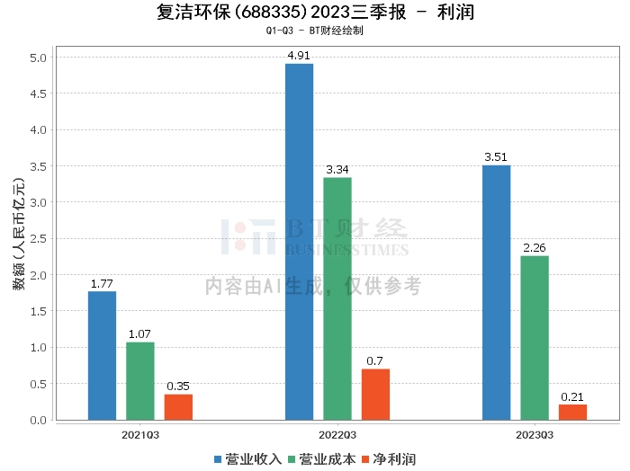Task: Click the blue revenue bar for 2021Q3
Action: pyautogui.click(x=102, y=355)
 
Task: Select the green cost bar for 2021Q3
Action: pyautogui.click(x=139, y=380)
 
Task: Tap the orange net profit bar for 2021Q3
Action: pyautogui.click(x=178, y=406)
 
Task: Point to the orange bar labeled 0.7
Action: pyautogui.click(x=375, y=394)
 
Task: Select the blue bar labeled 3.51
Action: pyautogui.click(x=496, y=292)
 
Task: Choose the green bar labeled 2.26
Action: pyautogui.click(x=534, y=337)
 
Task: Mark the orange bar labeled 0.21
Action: pyautogui.click(x=572, y=412)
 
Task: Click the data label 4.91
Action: pyautogui.click(x=299, y=56)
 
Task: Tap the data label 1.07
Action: pyautogui.click(x=139, y=334)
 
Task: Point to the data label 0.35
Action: pyautogui.click(x=178, y=387)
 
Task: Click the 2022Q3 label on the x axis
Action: pyautogui.click(x=337, y=435)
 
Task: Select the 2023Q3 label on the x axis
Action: pyautogui.click(x=535, y=435)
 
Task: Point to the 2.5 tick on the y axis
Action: pyautogui.click(x=40, y=239)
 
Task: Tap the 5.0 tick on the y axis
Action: pyautogui.click(x=40, y=58)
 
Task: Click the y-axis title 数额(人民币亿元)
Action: pyautogui.click(x=18, y=239)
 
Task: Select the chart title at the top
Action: pyautogui.click(x=315, y=13)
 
